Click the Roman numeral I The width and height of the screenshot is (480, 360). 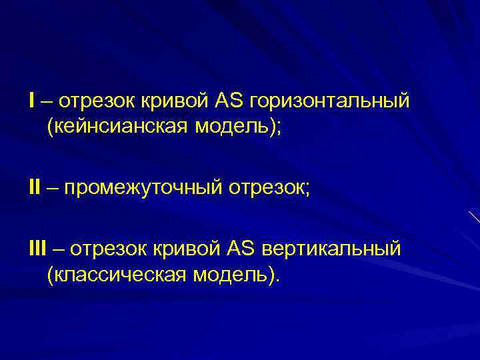coord(32,101)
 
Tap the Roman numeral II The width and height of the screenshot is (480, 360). coord(34,189)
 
